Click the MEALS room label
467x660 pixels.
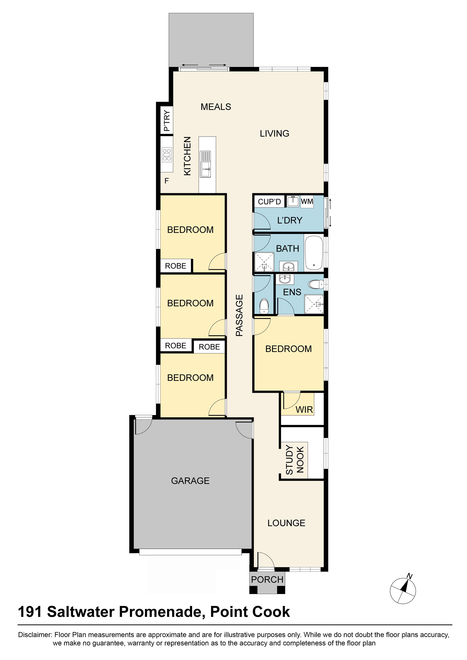pyautogui.click(x=216, y=107)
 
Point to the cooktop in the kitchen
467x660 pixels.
pyautogui.click(x=167, y=155)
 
